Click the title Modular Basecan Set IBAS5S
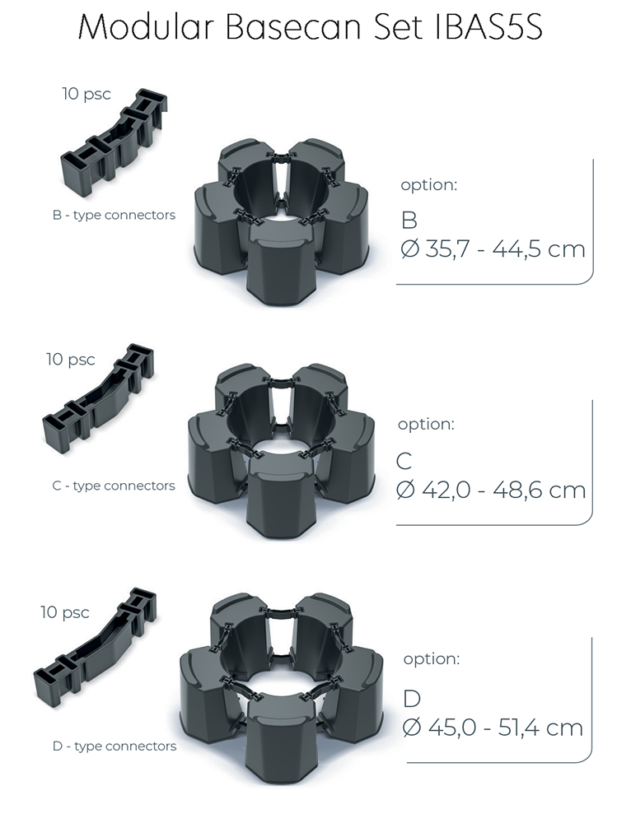pos(310,27)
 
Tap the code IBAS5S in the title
pos(489,27)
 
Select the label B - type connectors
pos(114,215)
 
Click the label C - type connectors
pos(114,486)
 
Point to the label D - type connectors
pos(115,746)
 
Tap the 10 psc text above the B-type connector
pos(86,94)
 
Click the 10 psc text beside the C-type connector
pos(70,360)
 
